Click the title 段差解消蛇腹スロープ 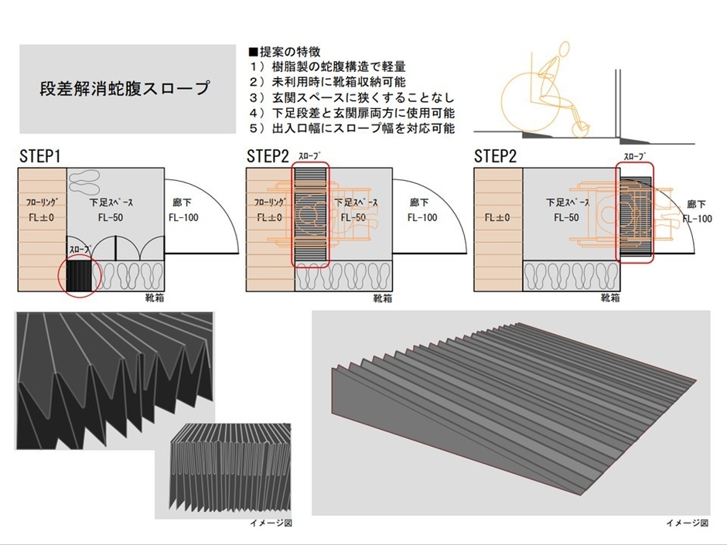125,88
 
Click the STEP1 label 39,156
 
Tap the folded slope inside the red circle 78,276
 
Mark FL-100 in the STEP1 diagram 183,218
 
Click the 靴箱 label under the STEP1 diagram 155,298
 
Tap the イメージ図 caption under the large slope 687,523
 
